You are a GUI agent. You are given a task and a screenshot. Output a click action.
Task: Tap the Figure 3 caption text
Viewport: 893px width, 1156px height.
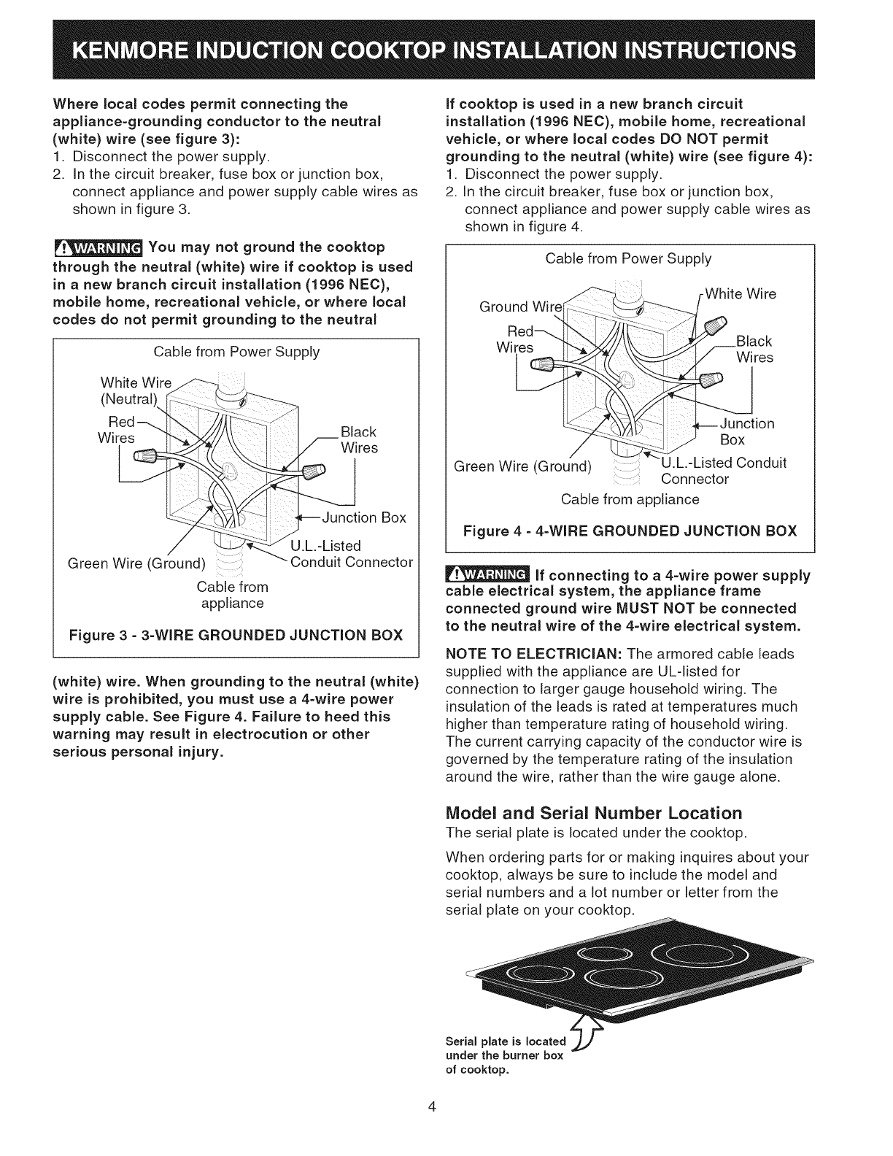tap(236, 633)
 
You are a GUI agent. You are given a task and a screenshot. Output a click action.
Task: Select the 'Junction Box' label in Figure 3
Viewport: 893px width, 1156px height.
tap(363, 517)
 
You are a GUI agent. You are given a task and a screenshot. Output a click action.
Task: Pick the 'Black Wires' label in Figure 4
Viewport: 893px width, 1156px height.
tap(754, 350)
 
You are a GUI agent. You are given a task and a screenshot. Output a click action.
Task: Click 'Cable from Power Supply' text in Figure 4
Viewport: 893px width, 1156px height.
tap(628, 258)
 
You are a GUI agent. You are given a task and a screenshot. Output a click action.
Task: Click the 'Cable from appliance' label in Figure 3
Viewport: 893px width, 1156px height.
tap(232, 595)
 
